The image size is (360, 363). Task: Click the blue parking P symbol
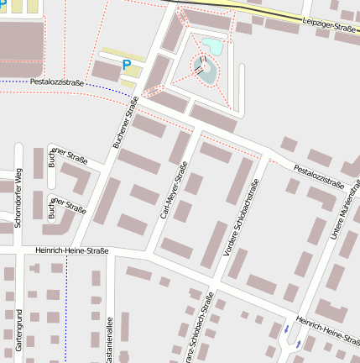click(127, 64)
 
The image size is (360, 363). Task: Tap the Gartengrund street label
click(18, 330)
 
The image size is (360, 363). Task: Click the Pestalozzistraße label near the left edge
click(56, 82)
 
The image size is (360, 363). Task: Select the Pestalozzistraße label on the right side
click(319, 176)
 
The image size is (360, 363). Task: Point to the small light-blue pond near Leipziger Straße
click(211, 45)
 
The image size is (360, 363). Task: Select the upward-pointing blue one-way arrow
click(286, 328)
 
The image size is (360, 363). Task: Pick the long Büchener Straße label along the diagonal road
click(125, 122)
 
